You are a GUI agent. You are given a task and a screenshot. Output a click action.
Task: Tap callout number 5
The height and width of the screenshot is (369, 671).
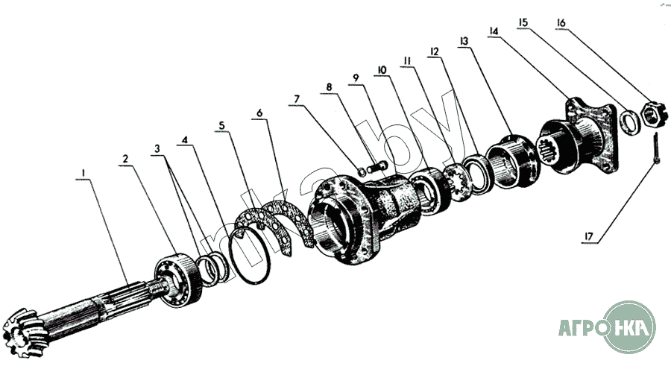pyautogui.click(x=221, y=124)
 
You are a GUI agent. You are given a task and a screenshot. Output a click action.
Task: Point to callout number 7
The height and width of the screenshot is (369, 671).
pyautogui.click(x=297, y=98)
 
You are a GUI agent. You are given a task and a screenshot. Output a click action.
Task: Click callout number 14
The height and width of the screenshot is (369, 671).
pyautogui.click(x=493, y=31)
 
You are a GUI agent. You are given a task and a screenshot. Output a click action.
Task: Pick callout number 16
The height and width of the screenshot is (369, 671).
pyautogui.click(x=561, y=23)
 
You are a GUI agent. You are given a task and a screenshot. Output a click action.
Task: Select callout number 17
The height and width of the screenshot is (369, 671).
pyautogui.click(x=589, y=238)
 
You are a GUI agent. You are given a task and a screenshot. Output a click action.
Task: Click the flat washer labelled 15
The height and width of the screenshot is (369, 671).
pyautogui.click(x=629, y=121)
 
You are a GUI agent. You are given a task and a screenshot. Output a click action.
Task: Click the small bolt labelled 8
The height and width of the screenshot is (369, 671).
pyautogui.click(x=377, y=162)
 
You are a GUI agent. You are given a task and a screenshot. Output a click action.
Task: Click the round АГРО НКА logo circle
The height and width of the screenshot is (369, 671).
pyautogui.click(x=631, y=326)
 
